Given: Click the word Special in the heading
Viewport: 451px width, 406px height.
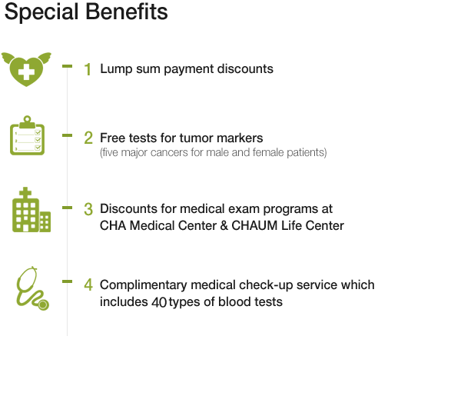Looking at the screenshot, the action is point(41,12).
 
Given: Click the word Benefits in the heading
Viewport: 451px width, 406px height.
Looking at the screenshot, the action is point(127,12).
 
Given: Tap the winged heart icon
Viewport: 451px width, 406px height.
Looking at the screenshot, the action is point(26,69).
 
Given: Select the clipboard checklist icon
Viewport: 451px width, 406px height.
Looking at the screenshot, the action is point(28,135).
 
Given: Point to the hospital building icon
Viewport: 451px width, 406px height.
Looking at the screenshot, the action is point(32,210).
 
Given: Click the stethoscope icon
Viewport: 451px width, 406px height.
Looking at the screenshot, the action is point(32,288).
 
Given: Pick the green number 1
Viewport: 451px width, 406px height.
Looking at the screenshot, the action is point(88,70).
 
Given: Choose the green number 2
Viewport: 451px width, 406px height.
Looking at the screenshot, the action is point(88,138).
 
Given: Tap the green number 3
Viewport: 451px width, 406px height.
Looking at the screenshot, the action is point(88,209).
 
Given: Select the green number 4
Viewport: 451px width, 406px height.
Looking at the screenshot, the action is point(88,285).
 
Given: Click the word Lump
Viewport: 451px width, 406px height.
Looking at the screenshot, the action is point(116,69).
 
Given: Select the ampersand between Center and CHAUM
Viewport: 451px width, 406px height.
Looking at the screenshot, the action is point(224,225).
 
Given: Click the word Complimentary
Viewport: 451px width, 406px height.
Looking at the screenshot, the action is point(144,285).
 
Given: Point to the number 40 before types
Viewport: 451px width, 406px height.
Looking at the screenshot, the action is point(159,302).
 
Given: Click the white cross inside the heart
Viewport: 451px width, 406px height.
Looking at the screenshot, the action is point(26,71).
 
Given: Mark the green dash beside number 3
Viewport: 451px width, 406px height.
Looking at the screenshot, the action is point(68,208).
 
